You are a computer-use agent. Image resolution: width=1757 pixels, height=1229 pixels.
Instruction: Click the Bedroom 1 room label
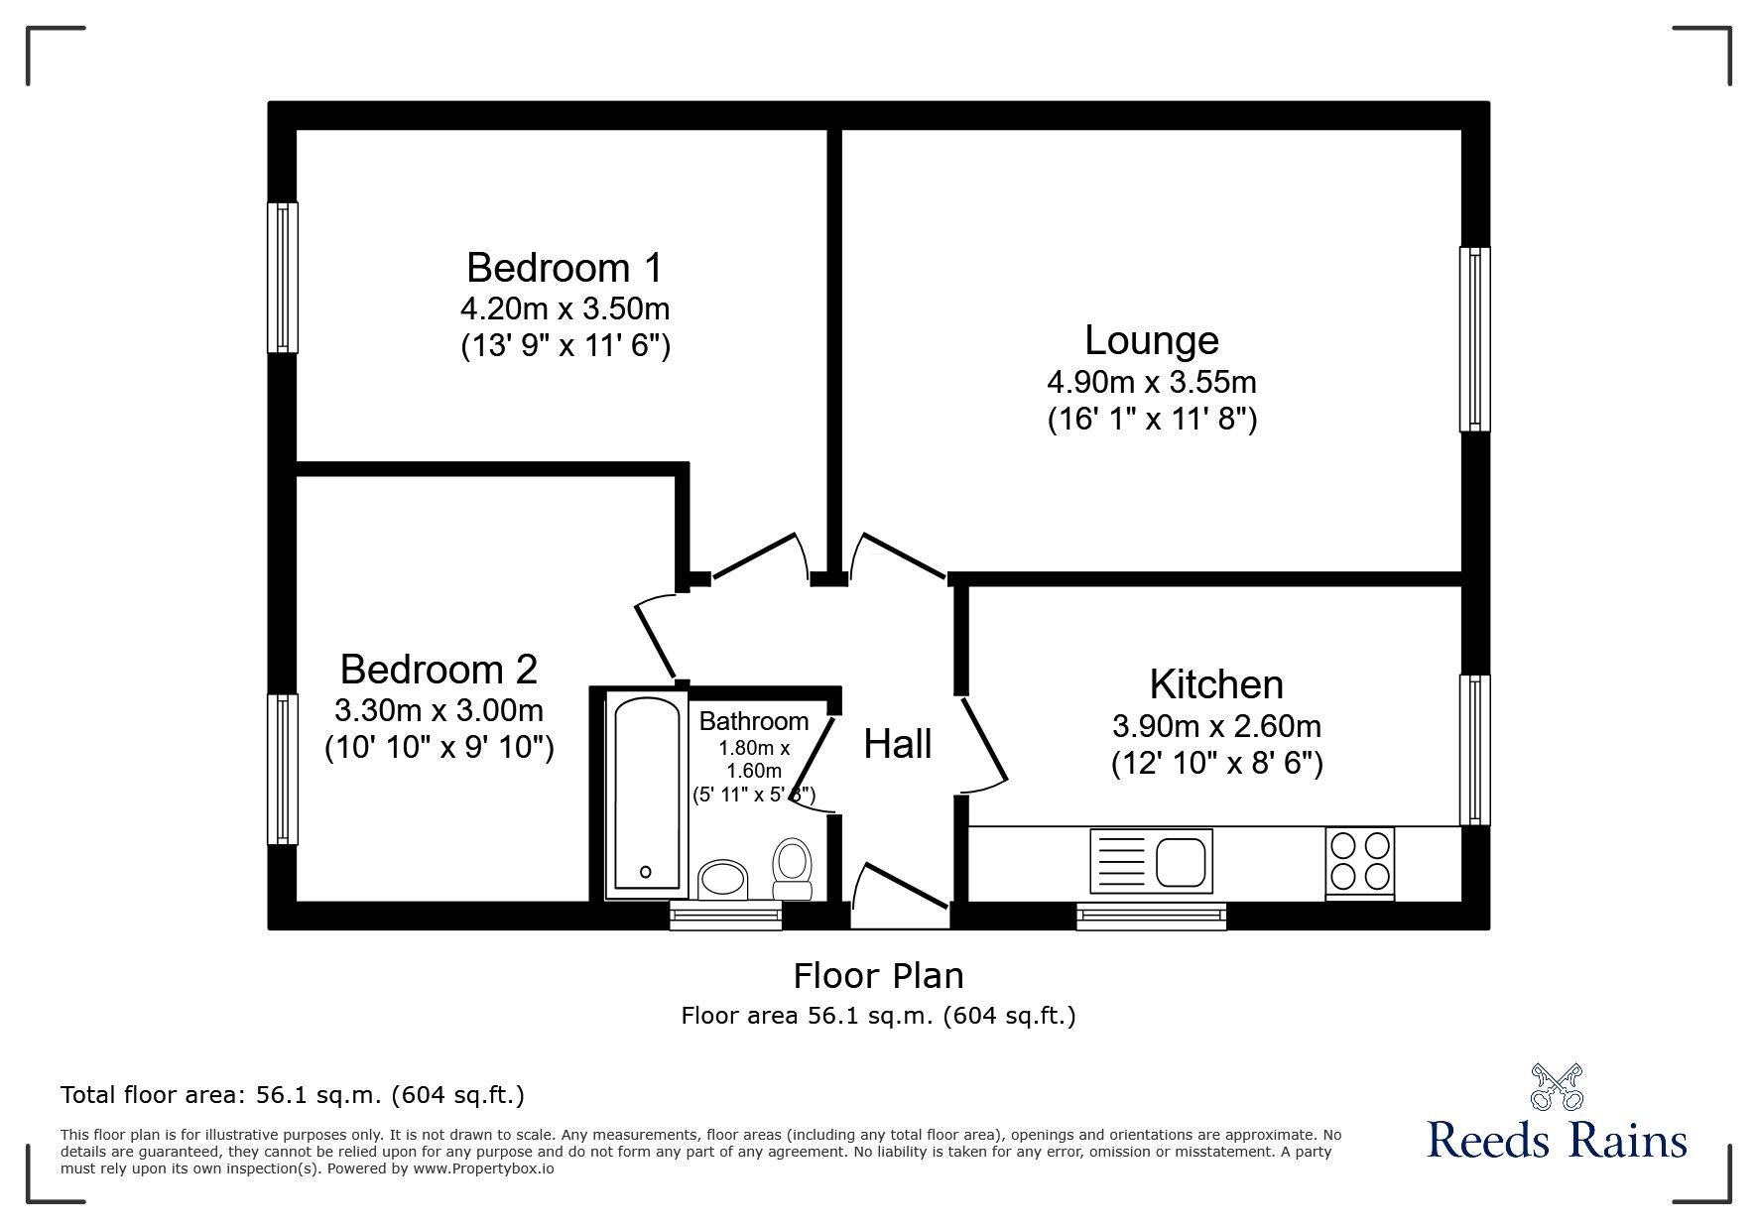[x=564, y=268]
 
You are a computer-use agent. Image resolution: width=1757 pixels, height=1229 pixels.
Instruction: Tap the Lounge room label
[x=1152, y=340]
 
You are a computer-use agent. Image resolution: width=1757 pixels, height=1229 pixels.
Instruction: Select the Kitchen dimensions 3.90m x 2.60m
[x=1216, y=726]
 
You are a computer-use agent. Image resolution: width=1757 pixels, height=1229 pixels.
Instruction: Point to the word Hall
[x=898, y=744]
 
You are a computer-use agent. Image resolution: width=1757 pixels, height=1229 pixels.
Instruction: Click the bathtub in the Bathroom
[x=646, y=794]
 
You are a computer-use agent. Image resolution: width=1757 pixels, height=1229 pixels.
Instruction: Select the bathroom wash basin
[x=724, y=879]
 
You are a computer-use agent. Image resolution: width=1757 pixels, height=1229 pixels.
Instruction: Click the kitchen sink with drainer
[x=1151, y=859]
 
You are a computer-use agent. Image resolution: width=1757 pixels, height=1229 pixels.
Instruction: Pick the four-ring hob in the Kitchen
[x=1360, y=863]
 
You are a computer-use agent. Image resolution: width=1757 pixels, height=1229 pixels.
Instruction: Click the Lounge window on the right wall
[x=1474, y=339]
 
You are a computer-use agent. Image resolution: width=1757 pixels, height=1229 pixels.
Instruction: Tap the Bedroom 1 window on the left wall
[x=283, y=278]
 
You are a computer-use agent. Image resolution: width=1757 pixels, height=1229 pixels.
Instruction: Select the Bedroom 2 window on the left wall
[x=283, y=770]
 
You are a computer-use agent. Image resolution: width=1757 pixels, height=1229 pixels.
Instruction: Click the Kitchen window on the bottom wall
[x=1152, y=916]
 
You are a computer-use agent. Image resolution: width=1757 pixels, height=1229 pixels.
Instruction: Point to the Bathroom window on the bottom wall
[x=726, y=916]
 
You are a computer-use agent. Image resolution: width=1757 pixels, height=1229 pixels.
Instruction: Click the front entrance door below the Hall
[x=901, y=896]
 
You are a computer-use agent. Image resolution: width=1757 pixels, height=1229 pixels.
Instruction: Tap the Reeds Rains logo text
[x=1558, y=1140]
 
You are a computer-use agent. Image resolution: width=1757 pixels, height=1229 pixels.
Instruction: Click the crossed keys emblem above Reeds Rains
[x=1558, y=1085]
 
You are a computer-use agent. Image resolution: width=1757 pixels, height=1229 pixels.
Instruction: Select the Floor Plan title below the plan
[x=879, y=976]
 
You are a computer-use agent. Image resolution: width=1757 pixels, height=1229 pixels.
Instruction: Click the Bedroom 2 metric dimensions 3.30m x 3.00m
[x=439, y=710]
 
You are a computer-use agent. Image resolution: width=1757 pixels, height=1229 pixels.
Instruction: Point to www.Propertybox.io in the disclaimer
[x=484, y=1168]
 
